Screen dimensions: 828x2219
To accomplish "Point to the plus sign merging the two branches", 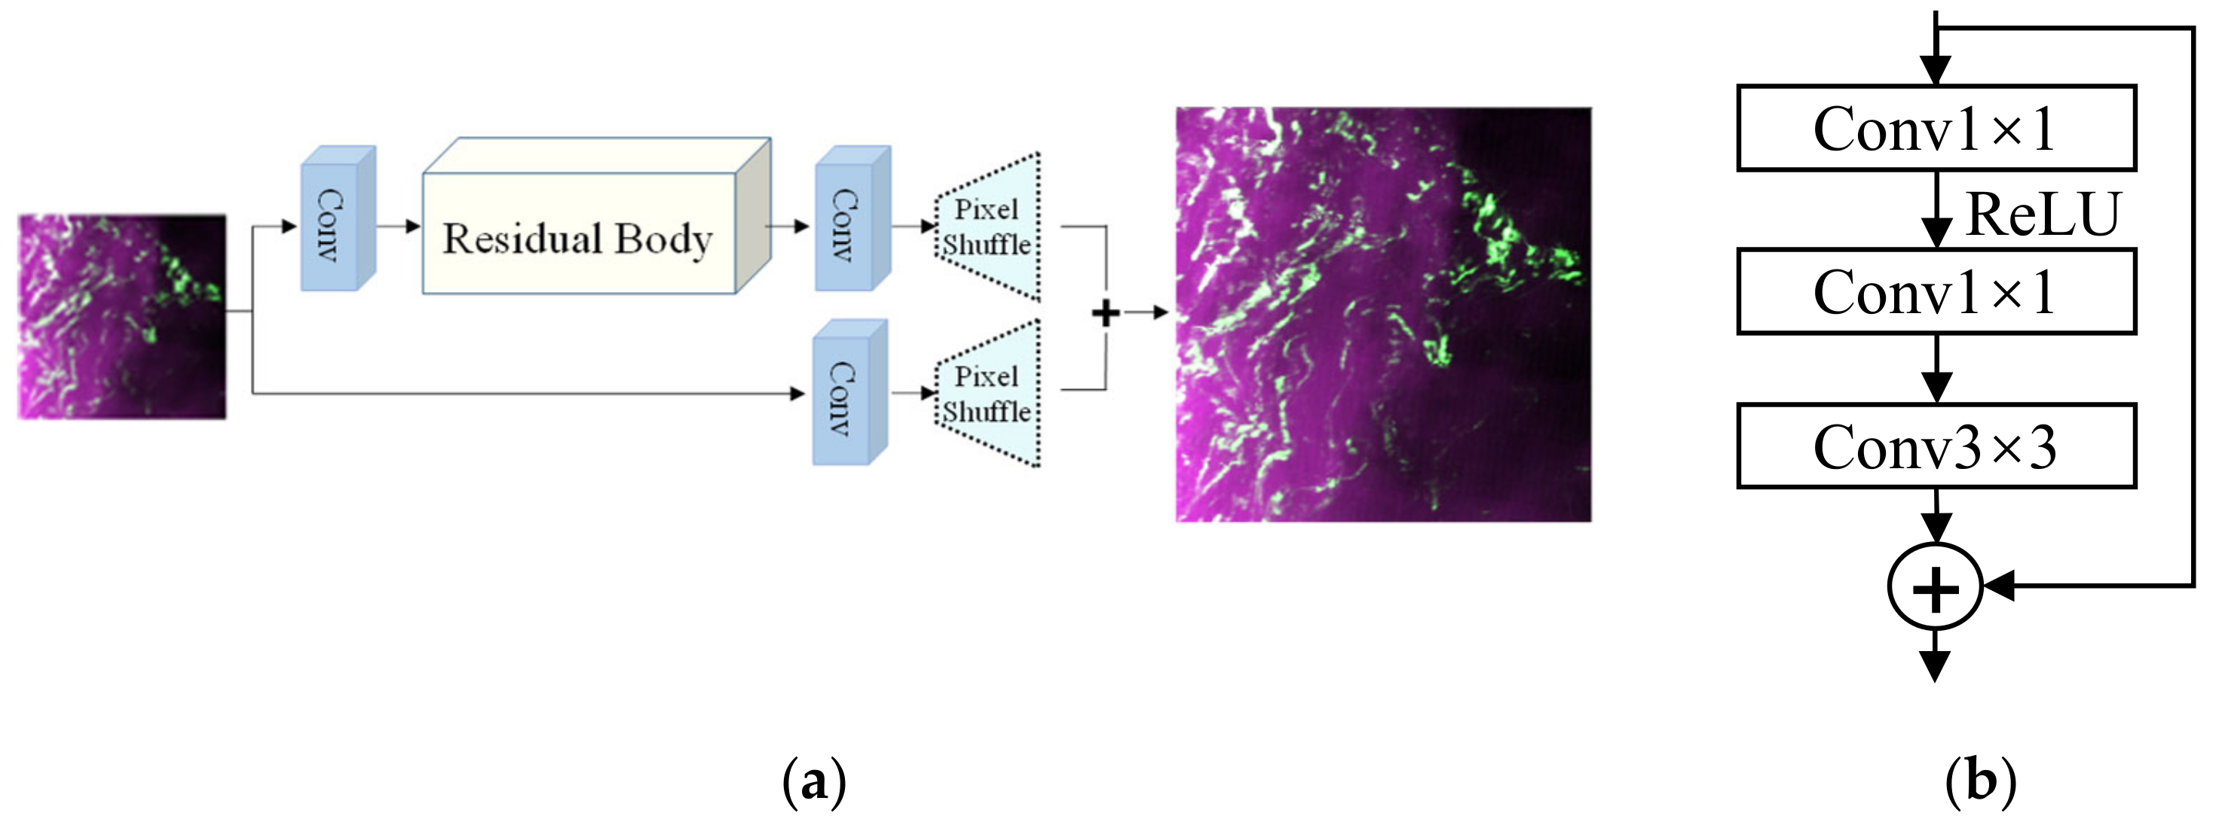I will click(x=1105, y=312).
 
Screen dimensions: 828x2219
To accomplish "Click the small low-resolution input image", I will click(x=122, y=317).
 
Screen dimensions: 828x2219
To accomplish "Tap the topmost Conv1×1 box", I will click(x=1936, y=128).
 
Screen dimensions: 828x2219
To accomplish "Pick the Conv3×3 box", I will click(x=1936, y=446).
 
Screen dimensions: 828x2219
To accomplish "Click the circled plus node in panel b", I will click(x=1936, y=588).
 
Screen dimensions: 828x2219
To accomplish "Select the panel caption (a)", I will click(x=814, y=781).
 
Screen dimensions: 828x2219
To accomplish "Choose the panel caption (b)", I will click(x=1980, y=781).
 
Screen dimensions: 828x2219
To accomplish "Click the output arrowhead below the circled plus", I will click(x=1936, y=665).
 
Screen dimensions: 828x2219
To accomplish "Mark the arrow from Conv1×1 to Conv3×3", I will click(x=1936, y=370).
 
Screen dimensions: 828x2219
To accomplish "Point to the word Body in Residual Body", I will click(x=663, y=239).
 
